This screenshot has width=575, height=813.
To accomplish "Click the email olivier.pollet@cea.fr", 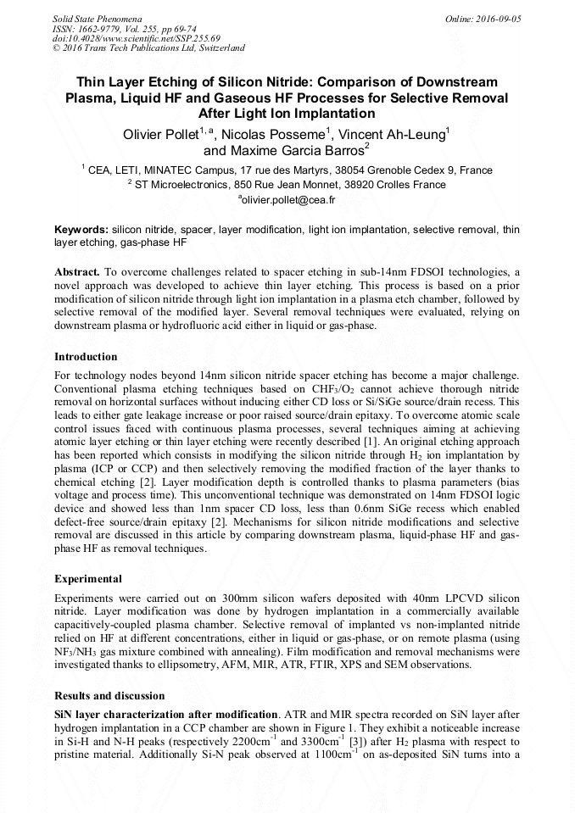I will click(288, 200).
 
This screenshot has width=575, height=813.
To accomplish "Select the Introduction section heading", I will click(86, 357).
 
